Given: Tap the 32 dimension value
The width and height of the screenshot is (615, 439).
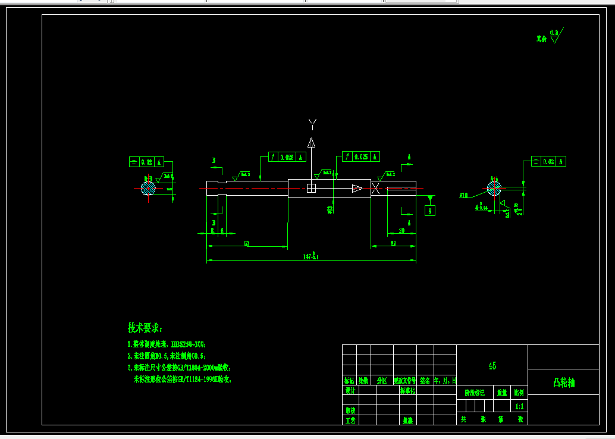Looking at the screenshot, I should point(393,243).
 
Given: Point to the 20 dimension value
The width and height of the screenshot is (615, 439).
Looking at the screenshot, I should point(401,230).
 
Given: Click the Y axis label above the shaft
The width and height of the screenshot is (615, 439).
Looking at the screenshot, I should point(312,124).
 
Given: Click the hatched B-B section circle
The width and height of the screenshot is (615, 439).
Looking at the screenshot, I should point(148,188).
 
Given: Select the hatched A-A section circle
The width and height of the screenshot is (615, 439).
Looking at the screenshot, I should point(494,189).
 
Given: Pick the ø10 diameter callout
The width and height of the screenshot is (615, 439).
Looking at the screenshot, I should point(464,195).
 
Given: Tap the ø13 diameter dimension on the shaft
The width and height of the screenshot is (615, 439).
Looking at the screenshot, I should point(330,209).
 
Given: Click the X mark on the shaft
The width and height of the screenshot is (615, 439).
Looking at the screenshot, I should point(376,189).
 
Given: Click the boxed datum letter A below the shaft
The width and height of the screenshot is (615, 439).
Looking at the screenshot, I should point(430,211).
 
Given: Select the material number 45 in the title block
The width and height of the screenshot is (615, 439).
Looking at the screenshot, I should point(492,366).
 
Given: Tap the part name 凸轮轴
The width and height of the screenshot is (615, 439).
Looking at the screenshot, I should point(563,383).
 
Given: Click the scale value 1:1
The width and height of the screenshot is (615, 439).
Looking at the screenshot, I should point(519,407).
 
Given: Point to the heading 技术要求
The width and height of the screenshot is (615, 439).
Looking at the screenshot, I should point(145,328).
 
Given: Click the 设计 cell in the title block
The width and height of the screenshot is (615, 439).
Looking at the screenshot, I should point(350,391).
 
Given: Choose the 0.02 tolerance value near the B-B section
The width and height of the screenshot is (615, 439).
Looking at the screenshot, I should point(146,162).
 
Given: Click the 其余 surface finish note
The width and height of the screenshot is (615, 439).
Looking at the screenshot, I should point(541,39).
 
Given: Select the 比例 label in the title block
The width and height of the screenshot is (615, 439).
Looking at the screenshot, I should point(519,393).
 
